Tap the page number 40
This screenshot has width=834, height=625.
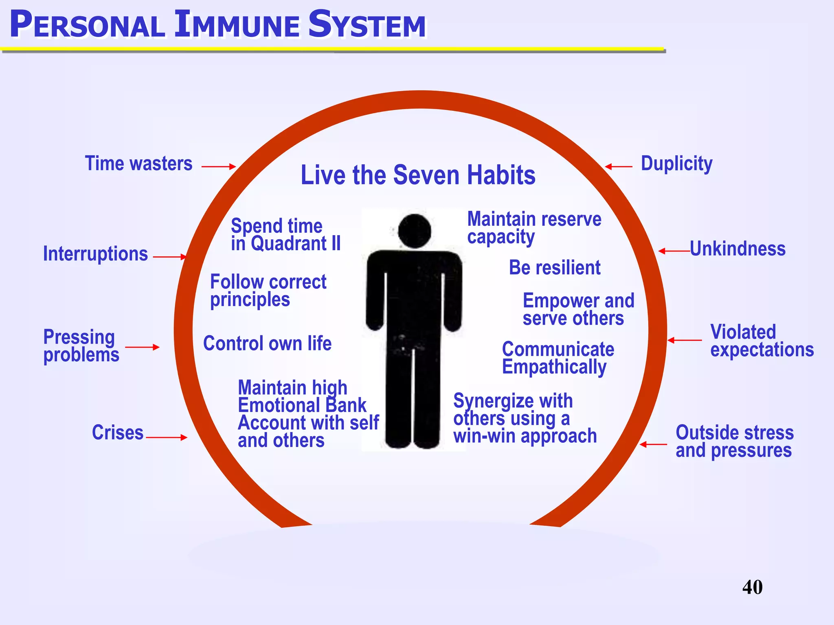(752, 587)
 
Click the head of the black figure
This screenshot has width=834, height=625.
(414, 231)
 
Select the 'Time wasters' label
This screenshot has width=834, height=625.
(138, 164)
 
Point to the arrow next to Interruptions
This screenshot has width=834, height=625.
(169, 257)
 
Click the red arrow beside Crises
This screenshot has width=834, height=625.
(166, 438)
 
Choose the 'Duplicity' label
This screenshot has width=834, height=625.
(676, 164)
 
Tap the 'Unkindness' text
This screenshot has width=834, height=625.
(737, 249)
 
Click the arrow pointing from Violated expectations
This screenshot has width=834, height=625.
(685, 340)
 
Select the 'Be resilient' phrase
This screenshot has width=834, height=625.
(555, 268)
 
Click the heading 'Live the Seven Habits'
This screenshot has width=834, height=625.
(418, 175)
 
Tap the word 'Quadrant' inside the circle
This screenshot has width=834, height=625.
(288, 244)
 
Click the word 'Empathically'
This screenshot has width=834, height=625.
(554, 367)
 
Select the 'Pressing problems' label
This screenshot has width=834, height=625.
(81, 346)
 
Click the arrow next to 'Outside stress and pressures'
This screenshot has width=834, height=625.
(653, 445)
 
